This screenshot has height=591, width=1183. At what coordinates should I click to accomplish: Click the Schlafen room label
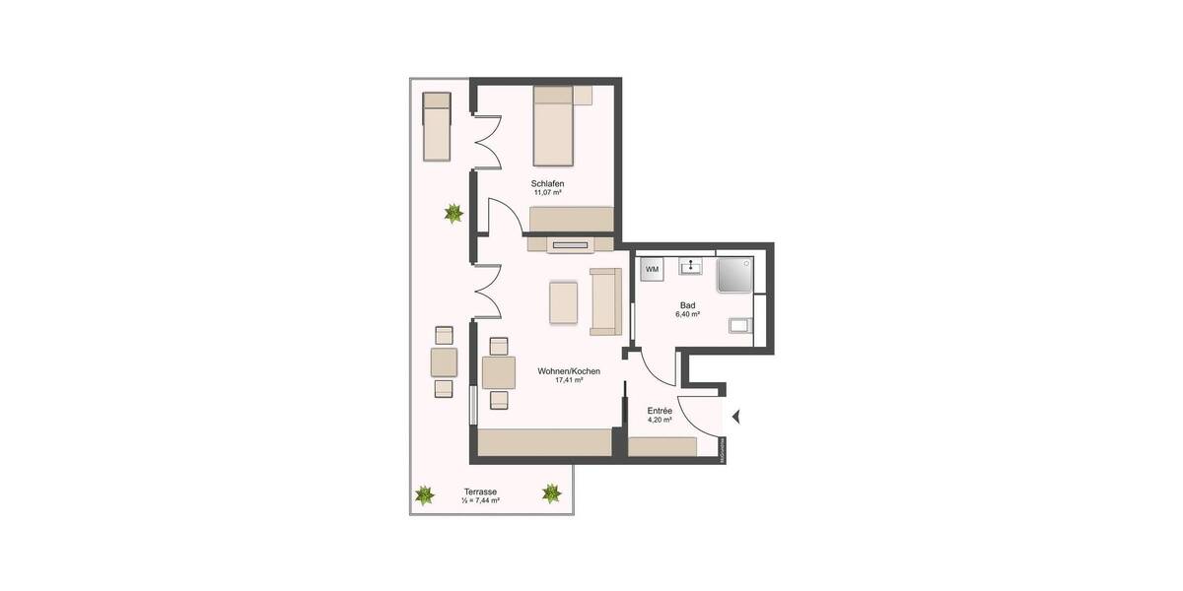click(x=547, y=184)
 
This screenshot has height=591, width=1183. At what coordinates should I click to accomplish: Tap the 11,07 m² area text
click(x=547, y=195)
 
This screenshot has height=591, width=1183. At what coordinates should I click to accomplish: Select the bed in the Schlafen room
click(x=552, y=125)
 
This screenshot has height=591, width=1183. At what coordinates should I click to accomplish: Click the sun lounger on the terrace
click(x=437, y=126)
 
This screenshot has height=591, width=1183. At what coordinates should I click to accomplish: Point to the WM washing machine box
click(x=652, y=268)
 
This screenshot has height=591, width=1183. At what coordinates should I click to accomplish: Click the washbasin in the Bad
click(x=690, y=265)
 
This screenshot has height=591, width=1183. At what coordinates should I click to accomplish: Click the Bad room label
click(x=687, y=305)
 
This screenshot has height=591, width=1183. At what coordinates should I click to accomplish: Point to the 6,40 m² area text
click(x=687, y=315)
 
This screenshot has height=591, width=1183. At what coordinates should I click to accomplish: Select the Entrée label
click(x=660, y=410)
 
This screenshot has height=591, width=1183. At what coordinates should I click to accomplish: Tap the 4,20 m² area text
click(x=660, y=421)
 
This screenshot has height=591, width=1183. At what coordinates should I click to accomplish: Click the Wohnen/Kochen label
click(x=569, y=371)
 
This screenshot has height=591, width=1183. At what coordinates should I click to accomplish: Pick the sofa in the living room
click(x=603, y=299)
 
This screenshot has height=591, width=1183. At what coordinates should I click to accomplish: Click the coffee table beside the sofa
click(x=564, y=302)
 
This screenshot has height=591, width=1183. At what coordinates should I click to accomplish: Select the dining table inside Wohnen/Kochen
click(x=499, y=373)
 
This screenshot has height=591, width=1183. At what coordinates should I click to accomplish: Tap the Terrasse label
click(x=481, y=492)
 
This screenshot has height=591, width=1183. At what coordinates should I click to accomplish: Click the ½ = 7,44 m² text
click(x=481, y=501)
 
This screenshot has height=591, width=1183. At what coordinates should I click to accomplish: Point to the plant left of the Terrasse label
click(x=424, y=494)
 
